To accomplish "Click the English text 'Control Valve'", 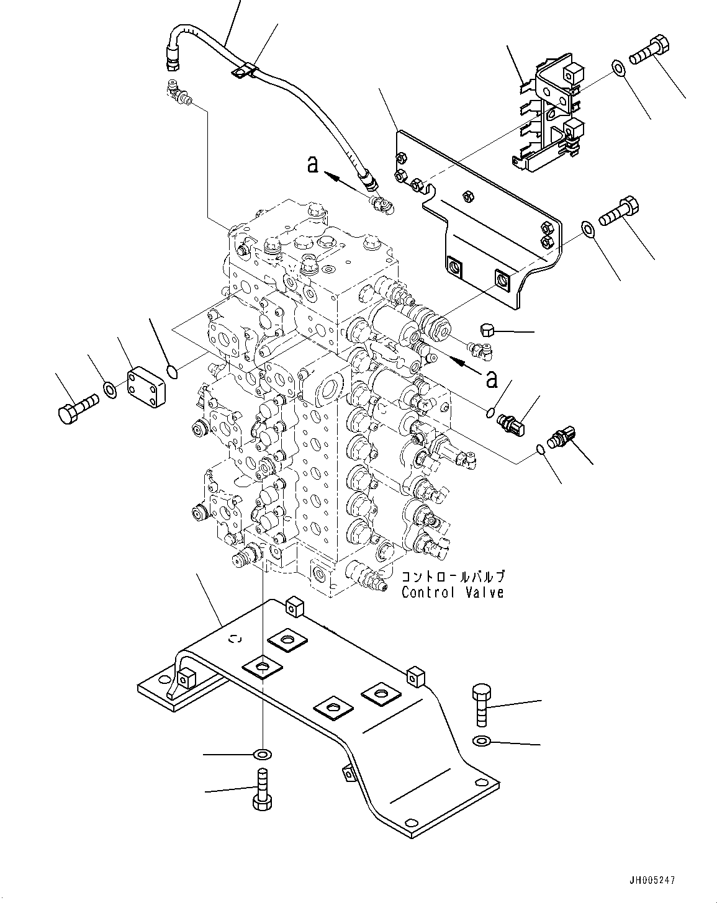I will [452, 593].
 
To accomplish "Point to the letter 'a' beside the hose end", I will [313, 164].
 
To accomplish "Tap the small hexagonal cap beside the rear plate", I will [487, 330].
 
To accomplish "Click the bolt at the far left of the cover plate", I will [76, 408].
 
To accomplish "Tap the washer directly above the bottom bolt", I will [263, 755].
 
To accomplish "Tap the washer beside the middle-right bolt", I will [586, 230].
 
